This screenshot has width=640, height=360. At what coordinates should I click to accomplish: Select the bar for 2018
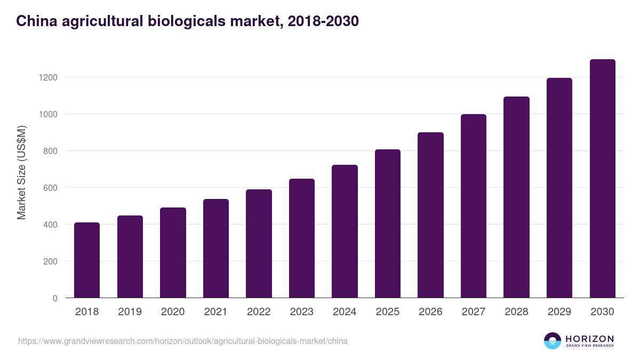tap(87, 260)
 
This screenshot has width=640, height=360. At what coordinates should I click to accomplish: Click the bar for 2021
tap(215, 249)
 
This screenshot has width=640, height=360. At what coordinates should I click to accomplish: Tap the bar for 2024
tap(345, 231)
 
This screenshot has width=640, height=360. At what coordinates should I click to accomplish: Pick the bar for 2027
tap(473, 206)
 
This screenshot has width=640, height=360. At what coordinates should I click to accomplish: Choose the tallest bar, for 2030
tap(602, 179)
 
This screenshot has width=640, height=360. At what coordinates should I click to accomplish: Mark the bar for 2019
tap(130, 257)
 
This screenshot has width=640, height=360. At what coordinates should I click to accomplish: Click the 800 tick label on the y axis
tap(50, 151)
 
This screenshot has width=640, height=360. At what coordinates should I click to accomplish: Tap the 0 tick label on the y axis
tap(55, 298)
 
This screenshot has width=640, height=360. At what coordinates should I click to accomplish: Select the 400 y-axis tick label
tap(50, 225)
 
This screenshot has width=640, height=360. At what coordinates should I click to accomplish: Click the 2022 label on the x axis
tap(259, 312)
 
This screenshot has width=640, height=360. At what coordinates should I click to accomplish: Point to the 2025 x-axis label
tap(387, 312)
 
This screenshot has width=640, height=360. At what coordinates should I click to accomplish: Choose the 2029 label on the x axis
tap(559, 312)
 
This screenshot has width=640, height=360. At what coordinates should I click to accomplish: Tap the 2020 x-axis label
tap(173, 312)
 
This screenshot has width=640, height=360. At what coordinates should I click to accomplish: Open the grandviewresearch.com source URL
tap(182, 341)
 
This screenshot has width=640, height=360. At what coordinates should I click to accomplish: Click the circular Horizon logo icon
tap(552, 341)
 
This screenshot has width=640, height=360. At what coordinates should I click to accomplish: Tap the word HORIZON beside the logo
tap(589, 338)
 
